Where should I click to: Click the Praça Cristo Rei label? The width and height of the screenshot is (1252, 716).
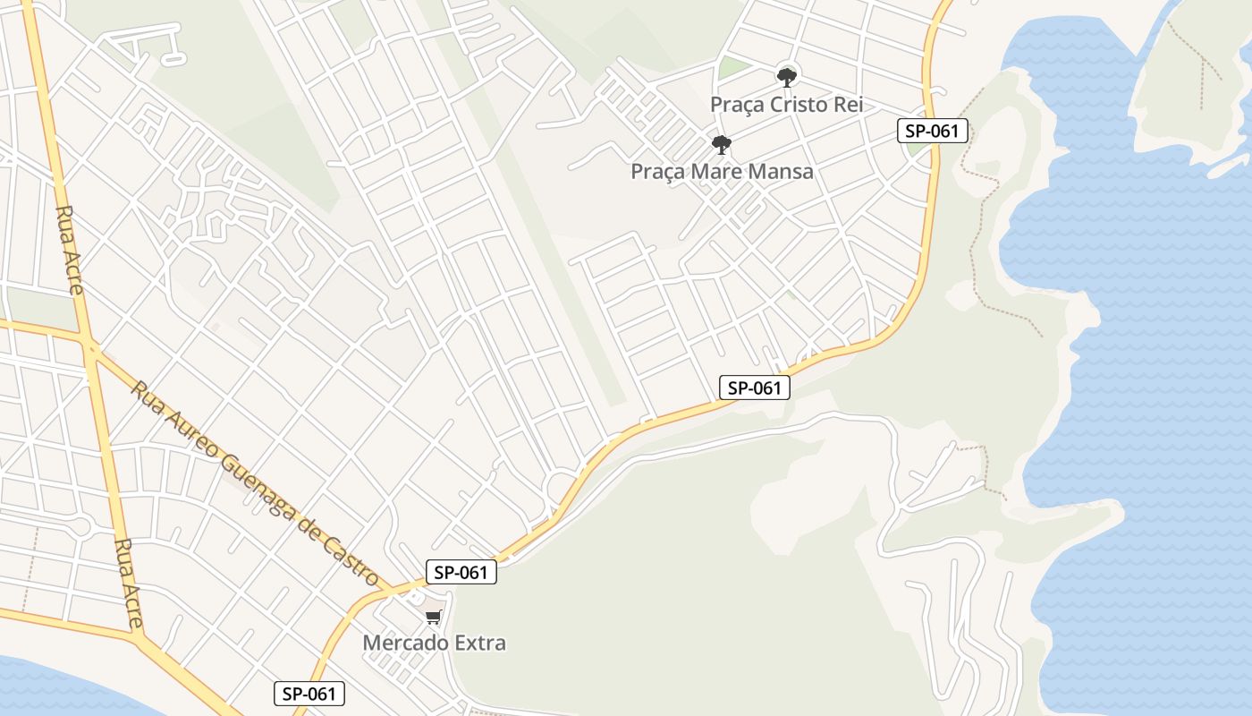pyautogui.click(x=787, y=104)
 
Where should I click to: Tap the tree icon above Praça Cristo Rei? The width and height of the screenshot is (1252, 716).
pyautogui.click(x=787, y=77)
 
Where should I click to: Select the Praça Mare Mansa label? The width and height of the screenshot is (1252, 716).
pyautogui.click(x=722, y=171)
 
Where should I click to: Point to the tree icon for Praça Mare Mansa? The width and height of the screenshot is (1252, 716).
pyautogui.click(x=722, y=144)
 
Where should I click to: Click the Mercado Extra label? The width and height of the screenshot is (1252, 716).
pyautogui.click(x=434, y=643)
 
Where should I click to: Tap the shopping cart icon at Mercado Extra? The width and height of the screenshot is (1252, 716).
pyautogui.click(x=434, y=617)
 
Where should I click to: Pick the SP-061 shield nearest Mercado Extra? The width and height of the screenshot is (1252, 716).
pyautogui.click(x=461, y=573)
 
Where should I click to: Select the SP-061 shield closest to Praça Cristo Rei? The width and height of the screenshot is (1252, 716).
pyautogui.click(x=932, y=131)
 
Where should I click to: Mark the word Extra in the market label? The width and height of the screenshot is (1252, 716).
pyautogui.click(x=480, y=643)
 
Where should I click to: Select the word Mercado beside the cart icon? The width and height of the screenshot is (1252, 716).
pyautogui.click(x=407, y=643)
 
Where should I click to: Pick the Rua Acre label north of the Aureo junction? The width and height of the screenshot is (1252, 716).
pyautogui.click(x=70, y=250)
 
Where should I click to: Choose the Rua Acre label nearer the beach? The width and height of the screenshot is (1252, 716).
pyautogui.click(x=128, y=582)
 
